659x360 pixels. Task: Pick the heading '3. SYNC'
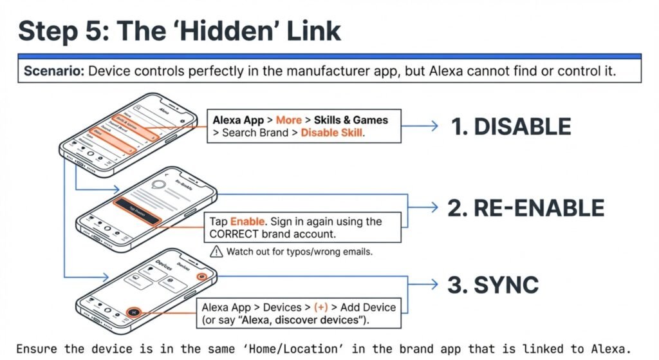tap(494, 284)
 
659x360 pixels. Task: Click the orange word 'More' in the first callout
tap(289, 120)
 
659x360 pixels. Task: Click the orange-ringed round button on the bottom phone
tap(133, 311)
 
